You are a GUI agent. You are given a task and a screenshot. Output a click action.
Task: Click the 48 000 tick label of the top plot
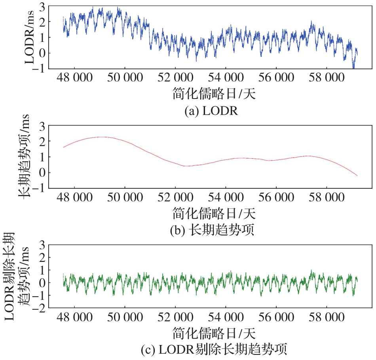[x=74, y=78]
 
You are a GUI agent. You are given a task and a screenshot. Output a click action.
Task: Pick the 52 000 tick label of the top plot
[x=175, y=78]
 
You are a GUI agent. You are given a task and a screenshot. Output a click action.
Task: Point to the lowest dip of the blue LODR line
[x=353, y=67]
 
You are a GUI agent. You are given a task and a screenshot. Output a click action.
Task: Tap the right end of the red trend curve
[x=357, y=176]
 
